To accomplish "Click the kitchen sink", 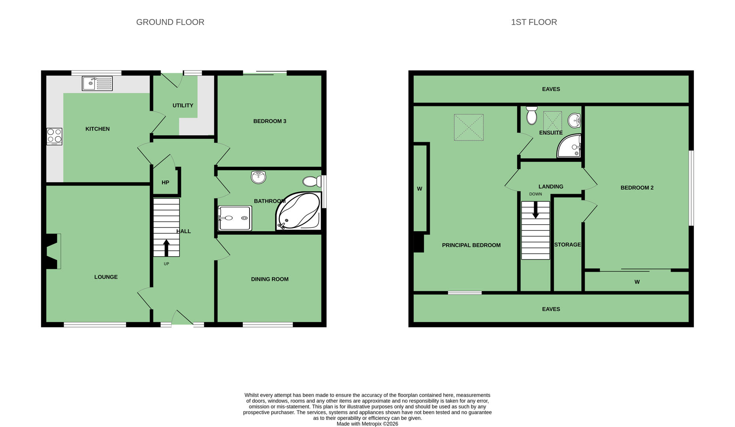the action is point(97,83).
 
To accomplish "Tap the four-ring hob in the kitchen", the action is point(54,136).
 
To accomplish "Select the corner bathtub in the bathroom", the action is point(299,211).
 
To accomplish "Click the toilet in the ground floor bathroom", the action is point(312,181).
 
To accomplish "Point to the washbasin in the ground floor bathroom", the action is point(259,177).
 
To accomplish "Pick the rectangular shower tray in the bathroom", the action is point(234,218).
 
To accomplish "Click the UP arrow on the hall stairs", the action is point(166,248).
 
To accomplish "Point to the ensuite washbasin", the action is point(574,121).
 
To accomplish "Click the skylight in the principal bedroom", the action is point(469,127).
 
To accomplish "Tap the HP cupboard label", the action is point(165,182).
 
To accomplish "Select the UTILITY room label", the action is point(183,106).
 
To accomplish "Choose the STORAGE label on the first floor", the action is point(567,245).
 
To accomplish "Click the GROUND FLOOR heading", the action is point(170,22).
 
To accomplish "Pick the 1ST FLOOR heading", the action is point(534,22).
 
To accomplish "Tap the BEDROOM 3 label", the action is point(270,121).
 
